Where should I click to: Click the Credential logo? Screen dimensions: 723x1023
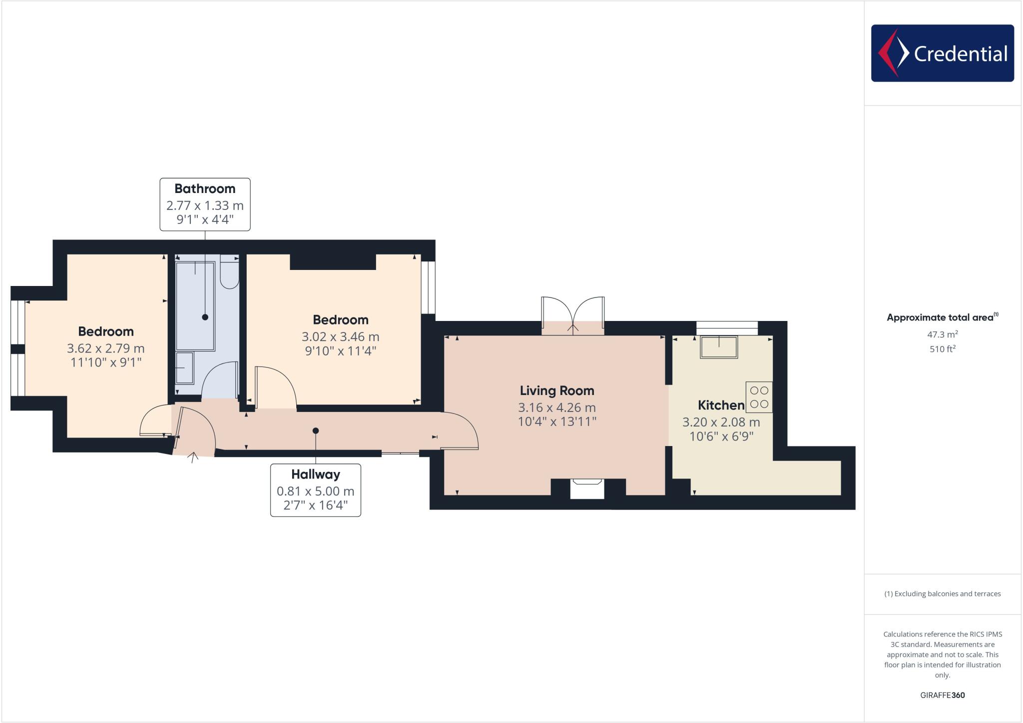pyautogui.click(x=942, y=53)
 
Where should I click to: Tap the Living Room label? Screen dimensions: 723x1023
pyautogui.click(x=556, y=391)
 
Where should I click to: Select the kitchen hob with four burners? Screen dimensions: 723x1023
pyautogui.click(x=759, y=397)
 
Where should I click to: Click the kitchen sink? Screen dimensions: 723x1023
pyautogui.click(x=719, y=347)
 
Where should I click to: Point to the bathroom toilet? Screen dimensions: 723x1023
pyautogui.click(x=229, y=272)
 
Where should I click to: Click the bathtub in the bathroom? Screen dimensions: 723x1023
pyautogui.click(x=195, y=305)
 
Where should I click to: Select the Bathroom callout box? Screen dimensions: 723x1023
pyautogui.click(x=205, y=204)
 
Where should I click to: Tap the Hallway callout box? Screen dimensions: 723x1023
pyautogui.click(x=315, y=490)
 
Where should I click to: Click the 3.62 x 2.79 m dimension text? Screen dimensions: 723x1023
pyautogui.click(x=106, y=348)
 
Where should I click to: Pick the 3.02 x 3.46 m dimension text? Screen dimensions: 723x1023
pyautogui.click(x=340, y=337)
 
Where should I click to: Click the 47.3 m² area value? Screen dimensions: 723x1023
pyautogui.click(x=942, y=334)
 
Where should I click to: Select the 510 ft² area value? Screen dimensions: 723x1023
pyautogui.click(x=942, y=349)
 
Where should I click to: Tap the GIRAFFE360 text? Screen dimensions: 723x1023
pyautogui.click(x=942, y=695)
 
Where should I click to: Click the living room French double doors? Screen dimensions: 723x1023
pyautogui.click(x=573, y=315)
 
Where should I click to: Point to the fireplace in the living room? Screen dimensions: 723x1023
pyautogui.click(x=587, y=488)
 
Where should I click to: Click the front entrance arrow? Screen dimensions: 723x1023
pyautogui.click(x=193, y=457)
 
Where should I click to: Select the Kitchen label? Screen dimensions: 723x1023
pyautogui.click(x=720, y=405)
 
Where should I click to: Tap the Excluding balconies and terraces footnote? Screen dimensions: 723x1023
pyautogui.click(x=942, y=594)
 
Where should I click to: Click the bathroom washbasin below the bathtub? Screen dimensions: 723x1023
pyautogui.click(x=184, y=368)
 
